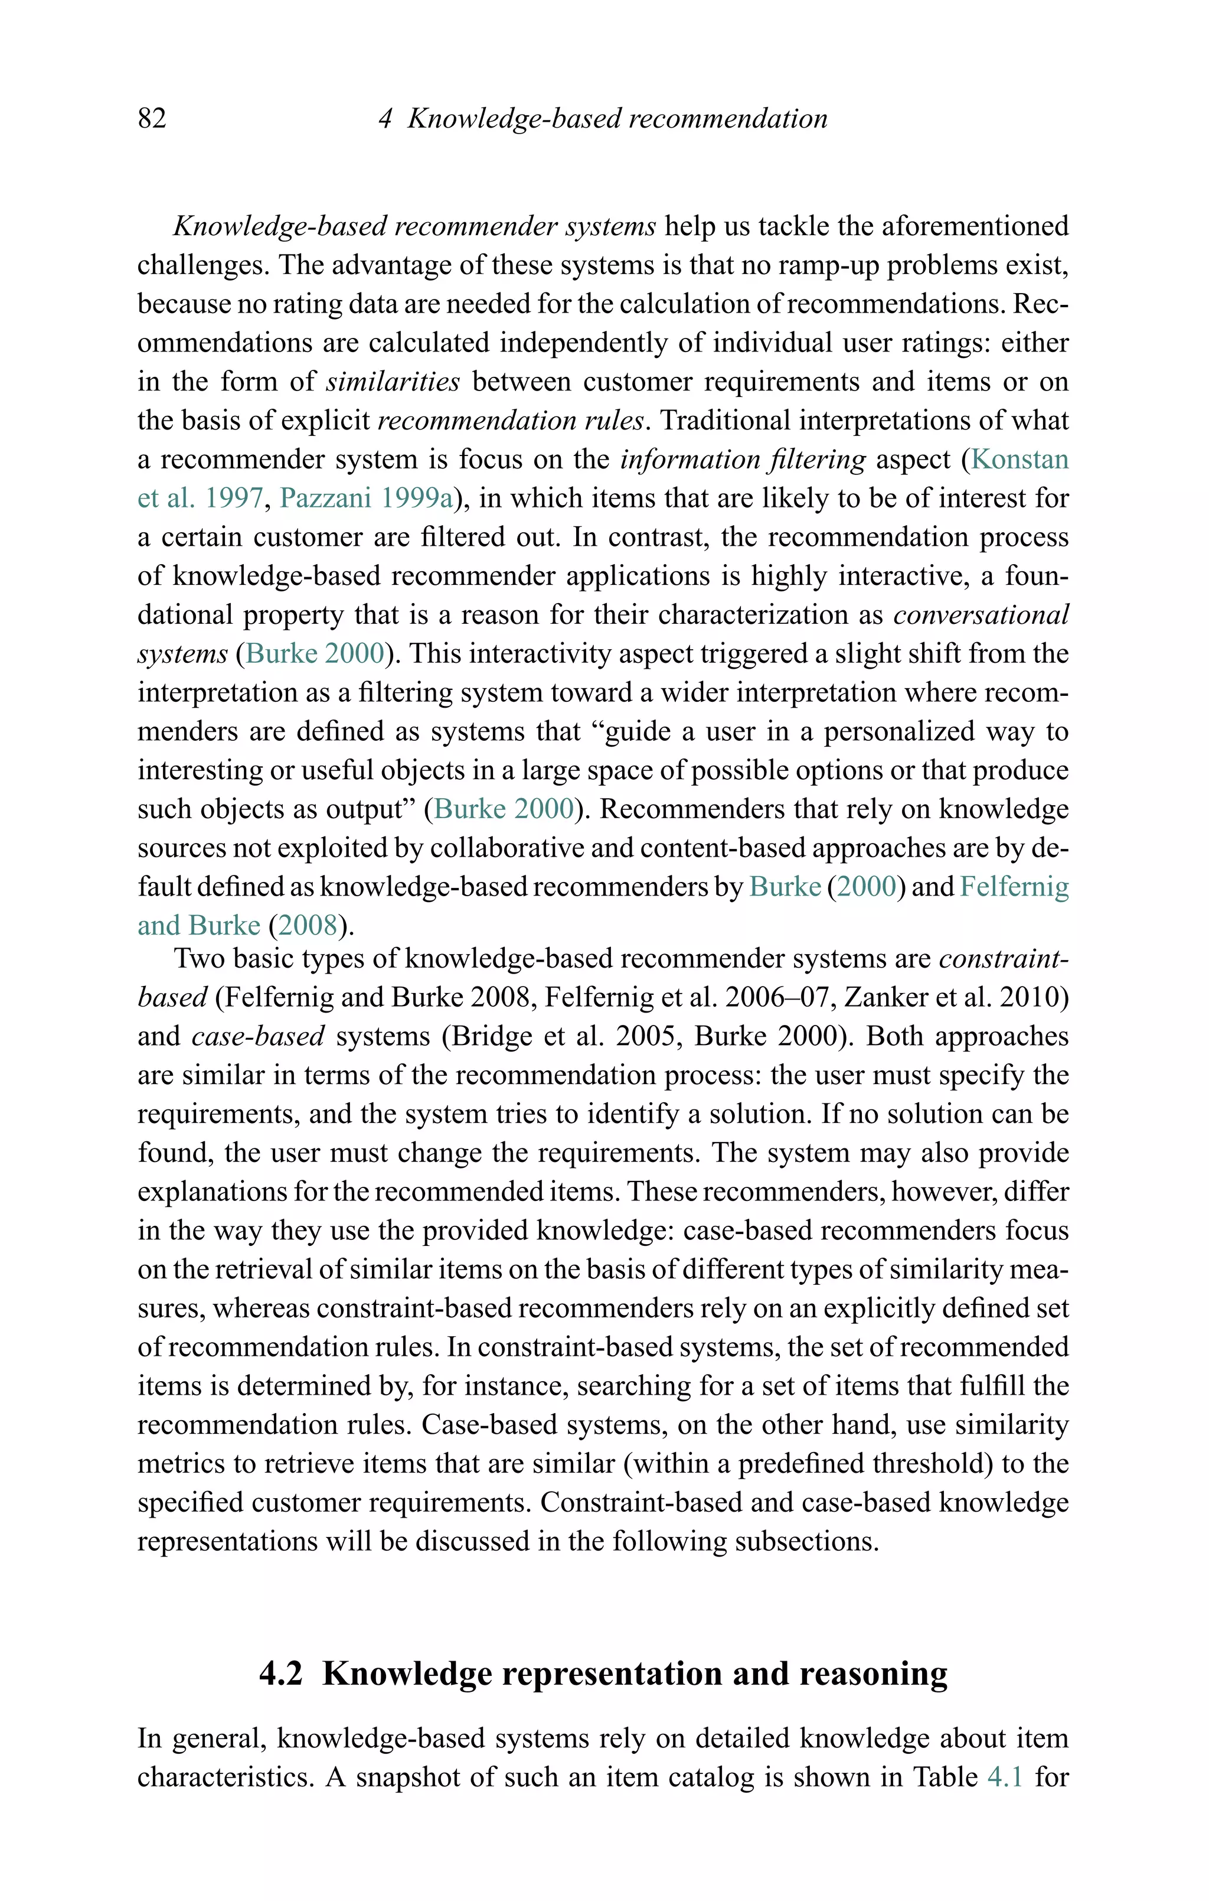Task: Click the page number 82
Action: [152, 118]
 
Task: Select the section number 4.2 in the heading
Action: [281, 1674]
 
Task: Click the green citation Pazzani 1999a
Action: [366, 498]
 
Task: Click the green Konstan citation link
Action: [1019, 460]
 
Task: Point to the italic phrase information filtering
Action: [743, 460]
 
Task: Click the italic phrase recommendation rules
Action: [511, 421]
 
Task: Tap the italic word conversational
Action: [981, 615]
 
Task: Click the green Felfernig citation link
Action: [1014, 887]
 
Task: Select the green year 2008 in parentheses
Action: [308, 925]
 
